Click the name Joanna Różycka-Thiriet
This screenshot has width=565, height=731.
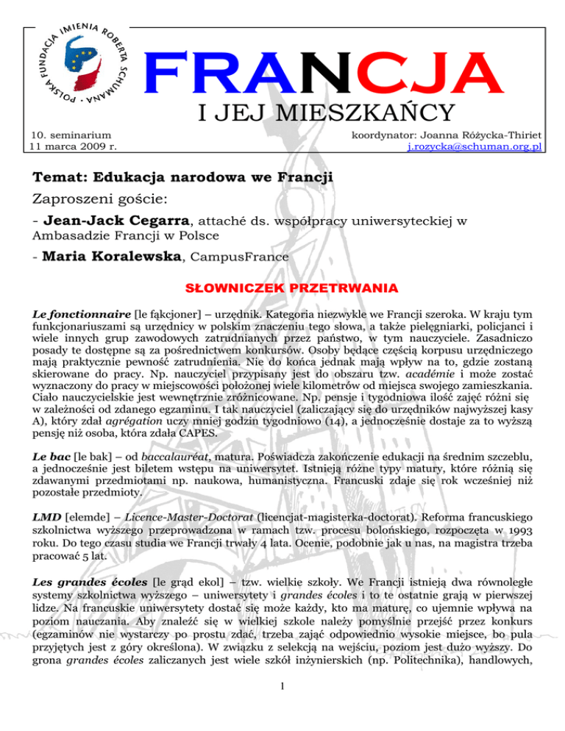tap(479, 135)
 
